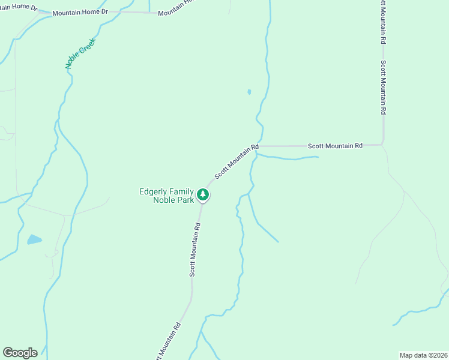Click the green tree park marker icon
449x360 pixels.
click(x=203, y=194)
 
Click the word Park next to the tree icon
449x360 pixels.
click(x=185, y=200)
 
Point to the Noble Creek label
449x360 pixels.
click(x=77, y=53)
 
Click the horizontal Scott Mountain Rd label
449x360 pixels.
click(x=335, y=146)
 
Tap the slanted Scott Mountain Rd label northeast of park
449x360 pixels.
click(x=236, y=160)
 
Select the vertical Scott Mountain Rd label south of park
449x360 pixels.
click(x=194, y=250)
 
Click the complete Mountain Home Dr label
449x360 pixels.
click(x=80, y=13)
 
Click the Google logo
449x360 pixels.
click(x=20, y=353)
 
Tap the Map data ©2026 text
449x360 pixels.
click(x=423, y=355)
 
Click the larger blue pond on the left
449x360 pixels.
click(x=34, y=240)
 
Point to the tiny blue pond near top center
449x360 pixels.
click(x=249, y=92)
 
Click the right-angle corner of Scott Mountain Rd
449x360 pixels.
click(x=382, y=145)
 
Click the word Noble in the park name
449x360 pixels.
click(x=163, y=200)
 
